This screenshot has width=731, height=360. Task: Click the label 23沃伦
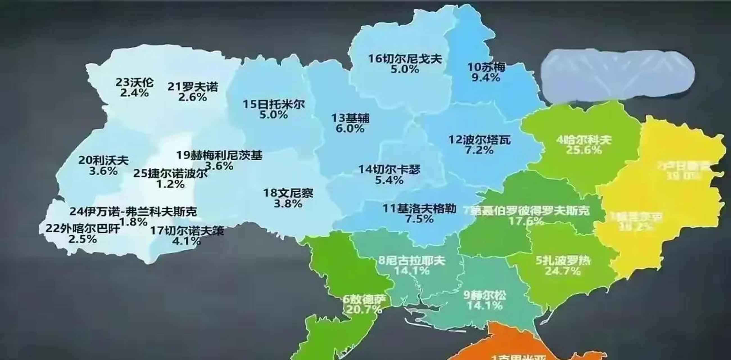(x=135, y=82)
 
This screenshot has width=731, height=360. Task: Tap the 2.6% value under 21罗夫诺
(x=193, y=97)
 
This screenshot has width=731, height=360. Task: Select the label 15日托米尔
(x=273, y=104)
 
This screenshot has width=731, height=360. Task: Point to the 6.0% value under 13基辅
(x=350, y=129)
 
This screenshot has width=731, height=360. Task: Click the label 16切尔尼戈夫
(x=405, y=59)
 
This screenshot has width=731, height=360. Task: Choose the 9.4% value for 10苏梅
(x=486, y=77)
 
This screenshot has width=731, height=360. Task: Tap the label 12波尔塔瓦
(x=479, y=140)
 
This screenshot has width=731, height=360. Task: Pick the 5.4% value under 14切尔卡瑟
(x=389, y=180)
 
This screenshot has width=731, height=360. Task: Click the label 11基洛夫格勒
(x=420, y=209)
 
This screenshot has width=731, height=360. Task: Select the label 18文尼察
(x=288, y=193)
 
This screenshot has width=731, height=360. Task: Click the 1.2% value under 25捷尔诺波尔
(x=171, y=184)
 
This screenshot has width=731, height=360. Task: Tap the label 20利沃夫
(x=103, y=160)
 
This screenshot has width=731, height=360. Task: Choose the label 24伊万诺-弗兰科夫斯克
(x=133, y=211)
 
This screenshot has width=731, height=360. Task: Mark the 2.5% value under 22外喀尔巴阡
(x=83, y=239)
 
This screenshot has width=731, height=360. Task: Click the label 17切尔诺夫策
(x=187, y=231)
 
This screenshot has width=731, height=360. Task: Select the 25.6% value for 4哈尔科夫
(x=583, y=150)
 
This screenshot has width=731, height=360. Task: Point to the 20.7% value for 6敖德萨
(x=364, y=309)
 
